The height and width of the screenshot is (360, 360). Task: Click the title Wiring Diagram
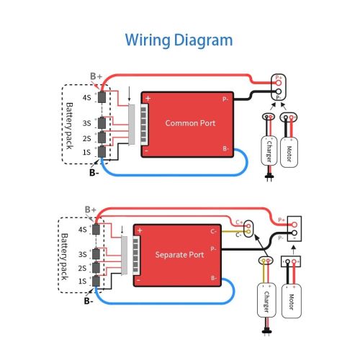[179, 40]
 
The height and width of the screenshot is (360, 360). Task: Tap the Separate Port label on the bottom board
[181, 255]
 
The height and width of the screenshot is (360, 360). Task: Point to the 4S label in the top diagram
[86, 97]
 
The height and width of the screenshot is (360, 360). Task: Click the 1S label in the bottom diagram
[84, 280]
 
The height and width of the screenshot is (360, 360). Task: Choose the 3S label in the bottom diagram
[84, 253]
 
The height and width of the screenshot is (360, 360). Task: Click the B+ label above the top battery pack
[94, 74]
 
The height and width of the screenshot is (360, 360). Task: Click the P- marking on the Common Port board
[225, 99]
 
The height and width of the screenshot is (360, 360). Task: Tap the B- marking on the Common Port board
[225, 149]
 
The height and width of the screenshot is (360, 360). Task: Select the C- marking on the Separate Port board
[214, 232]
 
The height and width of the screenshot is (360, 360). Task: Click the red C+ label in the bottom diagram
[239, 222]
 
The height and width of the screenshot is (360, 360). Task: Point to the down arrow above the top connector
[130, 92]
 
